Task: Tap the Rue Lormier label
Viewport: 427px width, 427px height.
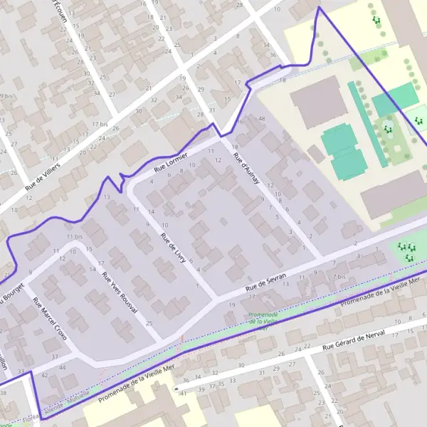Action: pos(171,162)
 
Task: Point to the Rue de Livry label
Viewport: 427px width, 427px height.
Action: pos(173,248)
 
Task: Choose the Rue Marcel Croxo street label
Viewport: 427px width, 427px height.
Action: pos(49,319)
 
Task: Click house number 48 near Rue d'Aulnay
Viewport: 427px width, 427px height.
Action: pos(262,117)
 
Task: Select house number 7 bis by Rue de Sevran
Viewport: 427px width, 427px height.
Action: pos(341,276)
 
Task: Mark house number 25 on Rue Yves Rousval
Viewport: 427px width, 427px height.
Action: pos(149,324)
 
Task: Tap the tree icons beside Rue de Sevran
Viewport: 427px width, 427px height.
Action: pos(406,251)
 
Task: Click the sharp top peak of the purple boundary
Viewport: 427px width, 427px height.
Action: pos(318,8)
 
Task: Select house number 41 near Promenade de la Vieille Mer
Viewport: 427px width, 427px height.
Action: pos(183,393)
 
